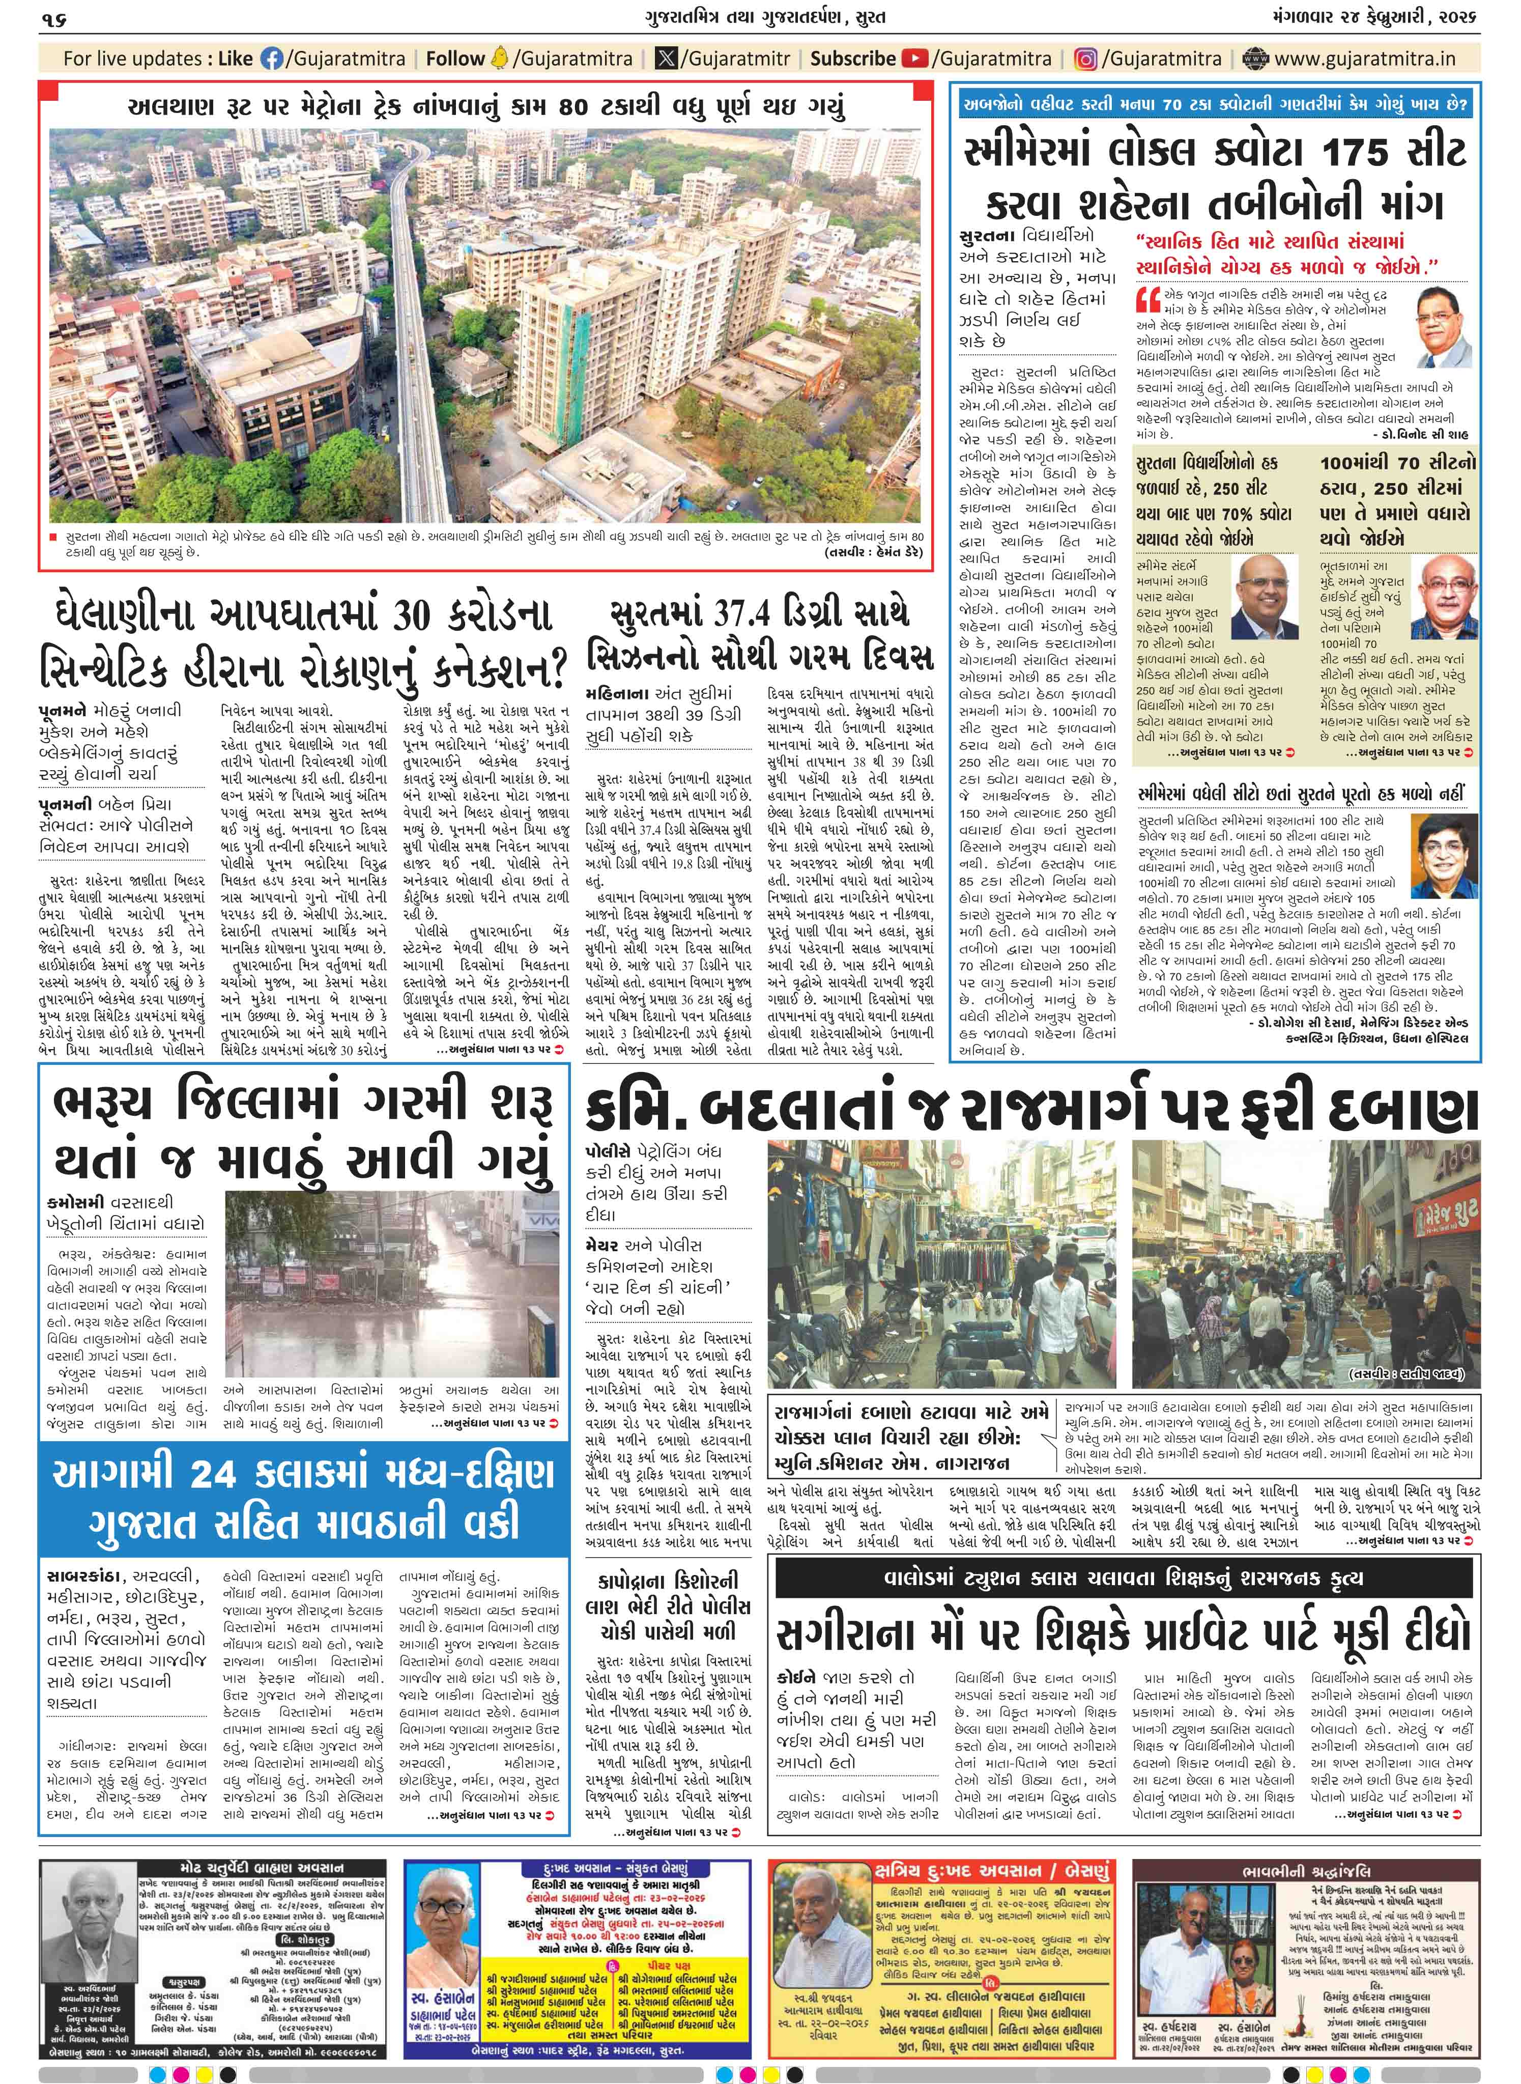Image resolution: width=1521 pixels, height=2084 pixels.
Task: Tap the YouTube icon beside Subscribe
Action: pyautogui.click(x=914, y=59)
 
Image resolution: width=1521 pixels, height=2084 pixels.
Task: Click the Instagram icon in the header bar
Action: pyautogui.click(x=1086, y=59)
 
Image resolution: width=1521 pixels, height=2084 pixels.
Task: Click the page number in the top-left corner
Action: pyautogui.click(x=55, y=17)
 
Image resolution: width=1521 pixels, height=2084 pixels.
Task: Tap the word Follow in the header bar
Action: pyautogui.click(x=455, y=59)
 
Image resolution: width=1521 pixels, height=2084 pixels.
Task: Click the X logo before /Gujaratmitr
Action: pyautogui.click(x=666, y=59)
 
